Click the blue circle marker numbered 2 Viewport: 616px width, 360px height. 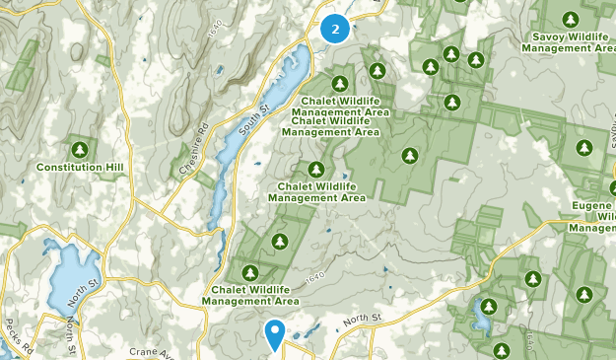tap(335, 29)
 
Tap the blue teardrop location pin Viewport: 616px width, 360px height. tap(276, 333)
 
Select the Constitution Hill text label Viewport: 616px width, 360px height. tap(80, 168)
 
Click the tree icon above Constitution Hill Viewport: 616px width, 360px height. tap(81, 149)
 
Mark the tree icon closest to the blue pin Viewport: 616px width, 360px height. tap(250, 273)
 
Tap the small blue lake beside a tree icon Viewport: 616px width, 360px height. tap(482, 315)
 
